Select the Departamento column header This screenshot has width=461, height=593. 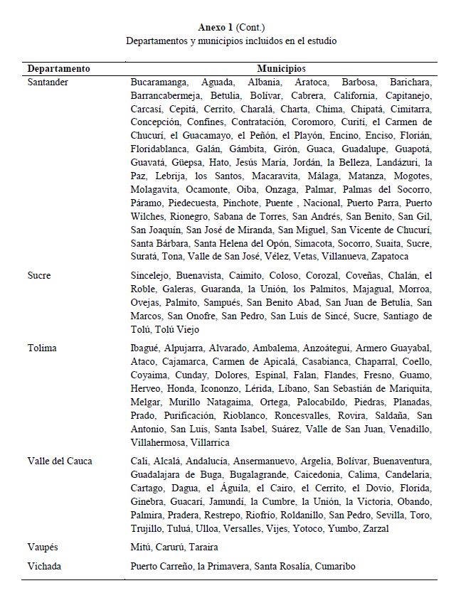pos(58,69)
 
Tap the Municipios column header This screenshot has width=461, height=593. pos(281,69)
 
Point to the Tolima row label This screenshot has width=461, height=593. pos(42,348)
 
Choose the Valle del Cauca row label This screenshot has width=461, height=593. pos(60,461)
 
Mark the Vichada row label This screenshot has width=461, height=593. pos(45,567)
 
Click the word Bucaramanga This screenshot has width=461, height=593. pos(161,82)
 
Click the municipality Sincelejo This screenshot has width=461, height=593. pos(152,275)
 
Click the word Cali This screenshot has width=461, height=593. pos(139,461)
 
